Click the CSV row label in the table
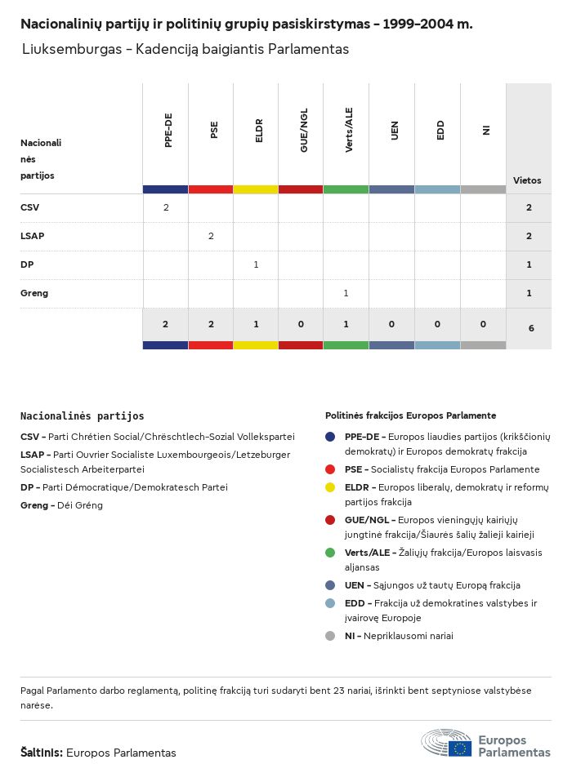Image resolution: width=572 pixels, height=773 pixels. point(29,207)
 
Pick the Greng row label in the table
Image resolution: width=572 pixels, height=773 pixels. point(34,293)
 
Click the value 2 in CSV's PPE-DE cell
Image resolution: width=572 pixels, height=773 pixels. point(166,207)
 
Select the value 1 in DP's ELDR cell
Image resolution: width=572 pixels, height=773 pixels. point(256,264)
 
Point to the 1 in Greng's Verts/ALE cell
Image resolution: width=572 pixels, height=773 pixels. point(346,293)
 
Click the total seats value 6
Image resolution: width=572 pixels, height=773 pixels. point(529,328)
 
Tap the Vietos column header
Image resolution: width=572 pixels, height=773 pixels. point(527,180)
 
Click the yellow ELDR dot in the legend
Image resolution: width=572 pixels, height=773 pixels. point(330,487)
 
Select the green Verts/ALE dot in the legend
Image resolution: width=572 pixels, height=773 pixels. point(330,553)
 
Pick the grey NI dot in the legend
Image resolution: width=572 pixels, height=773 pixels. point(330,636)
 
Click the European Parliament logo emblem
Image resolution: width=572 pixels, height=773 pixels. point(447,744)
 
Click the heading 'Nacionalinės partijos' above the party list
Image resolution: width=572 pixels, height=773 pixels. point(82,416)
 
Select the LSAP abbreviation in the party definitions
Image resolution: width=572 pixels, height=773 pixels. point(32,455)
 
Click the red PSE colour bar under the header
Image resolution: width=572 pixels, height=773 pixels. point(211,189)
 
